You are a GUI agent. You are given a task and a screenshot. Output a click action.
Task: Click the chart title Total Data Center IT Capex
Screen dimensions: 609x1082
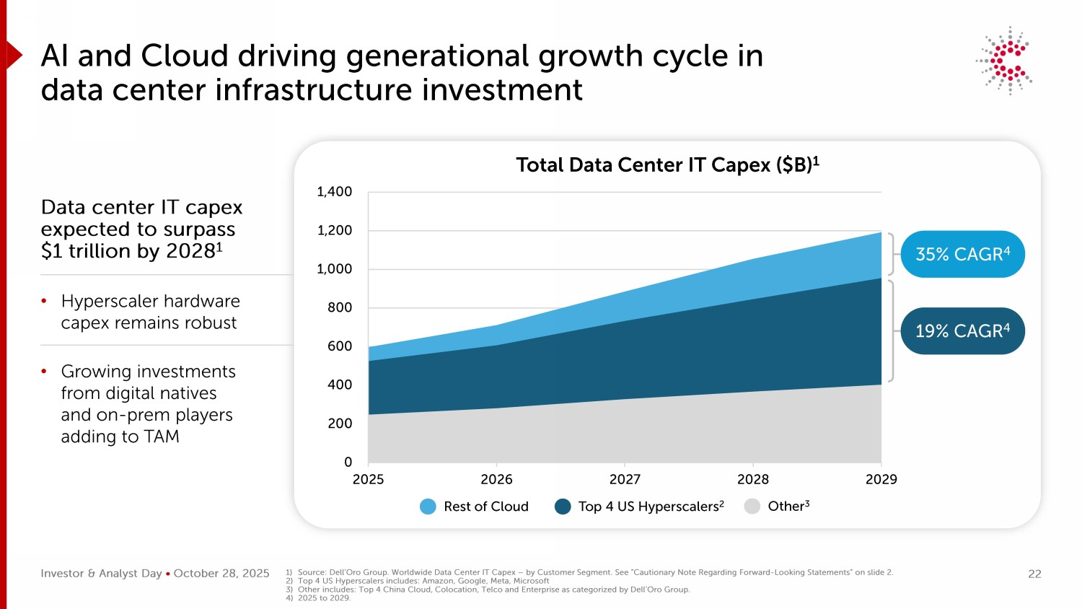[667, 165]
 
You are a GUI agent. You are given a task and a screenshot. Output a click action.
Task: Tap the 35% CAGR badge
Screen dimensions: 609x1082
[962, 254]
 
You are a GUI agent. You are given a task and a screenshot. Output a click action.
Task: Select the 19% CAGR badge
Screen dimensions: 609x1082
[962, 331]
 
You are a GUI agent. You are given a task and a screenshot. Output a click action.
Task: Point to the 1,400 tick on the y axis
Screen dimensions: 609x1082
[335, 192]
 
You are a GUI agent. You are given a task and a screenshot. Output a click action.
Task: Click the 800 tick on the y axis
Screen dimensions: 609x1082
[339, 307]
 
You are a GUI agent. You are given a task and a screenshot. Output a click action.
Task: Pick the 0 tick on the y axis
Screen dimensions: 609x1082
[348, 462]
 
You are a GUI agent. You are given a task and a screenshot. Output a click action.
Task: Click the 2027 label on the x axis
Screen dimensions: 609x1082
[625, 479]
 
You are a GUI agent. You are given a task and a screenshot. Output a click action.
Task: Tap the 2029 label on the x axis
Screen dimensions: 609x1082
[881, 479]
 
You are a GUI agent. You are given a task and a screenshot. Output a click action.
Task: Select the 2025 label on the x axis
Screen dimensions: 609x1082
[368, 479]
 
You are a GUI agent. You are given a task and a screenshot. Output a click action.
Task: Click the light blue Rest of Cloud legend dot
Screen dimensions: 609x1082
[428, 507]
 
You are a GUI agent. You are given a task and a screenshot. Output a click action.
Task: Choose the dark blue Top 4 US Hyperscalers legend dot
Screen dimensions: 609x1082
[563, 507]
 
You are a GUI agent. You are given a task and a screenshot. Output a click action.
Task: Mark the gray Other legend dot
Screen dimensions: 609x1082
[752, 507]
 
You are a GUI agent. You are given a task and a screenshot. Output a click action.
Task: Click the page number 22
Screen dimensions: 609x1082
[1034, 574]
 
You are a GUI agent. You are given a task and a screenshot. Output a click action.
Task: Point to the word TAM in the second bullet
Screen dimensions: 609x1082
[162, 437]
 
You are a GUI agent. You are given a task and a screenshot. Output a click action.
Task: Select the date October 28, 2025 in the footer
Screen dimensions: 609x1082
[221, 574]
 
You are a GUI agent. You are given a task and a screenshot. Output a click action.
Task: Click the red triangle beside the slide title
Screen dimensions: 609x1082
[14, 56]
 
